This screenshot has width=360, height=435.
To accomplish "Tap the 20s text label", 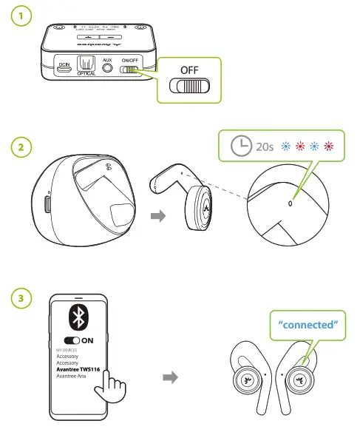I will click(264, 146).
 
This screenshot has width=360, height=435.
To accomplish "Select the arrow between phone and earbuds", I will click(171, 377).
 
